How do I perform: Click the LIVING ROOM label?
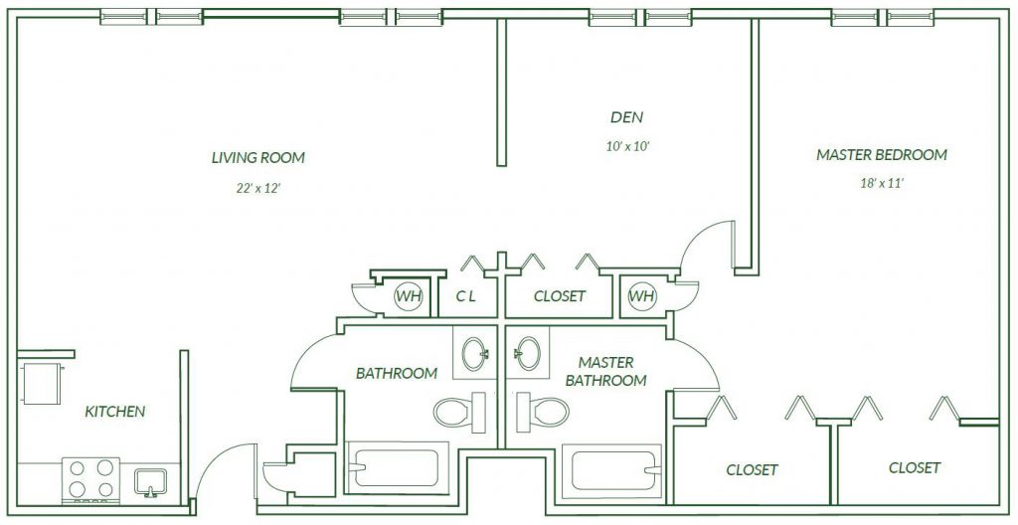pos(257,158)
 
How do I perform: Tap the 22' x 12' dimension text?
pos(257,189)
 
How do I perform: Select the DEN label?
pos(627,117)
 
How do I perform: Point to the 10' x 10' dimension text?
pos(628,147)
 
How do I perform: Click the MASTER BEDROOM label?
pos(882,155)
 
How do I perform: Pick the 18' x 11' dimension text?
pos(883,183)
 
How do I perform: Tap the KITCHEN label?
pos(115,412)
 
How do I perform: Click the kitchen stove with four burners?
pos(90,479)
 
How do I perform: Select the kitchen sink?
pos(151,483)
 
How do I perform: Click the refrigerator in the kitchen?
pos(42,384)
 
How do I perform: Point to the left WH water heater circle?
pos(409,297)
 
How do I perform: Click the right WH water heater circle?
pos(642,297)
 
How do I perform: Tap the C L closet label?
pos(465,296)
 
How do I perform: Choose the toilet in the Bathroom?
pos(459,412)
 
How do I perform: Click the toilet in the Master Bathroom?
pos(543,412)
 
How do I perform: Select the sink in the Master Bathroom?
pos(527,353)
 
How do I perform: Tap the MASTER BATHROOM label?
pos(605,371)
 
